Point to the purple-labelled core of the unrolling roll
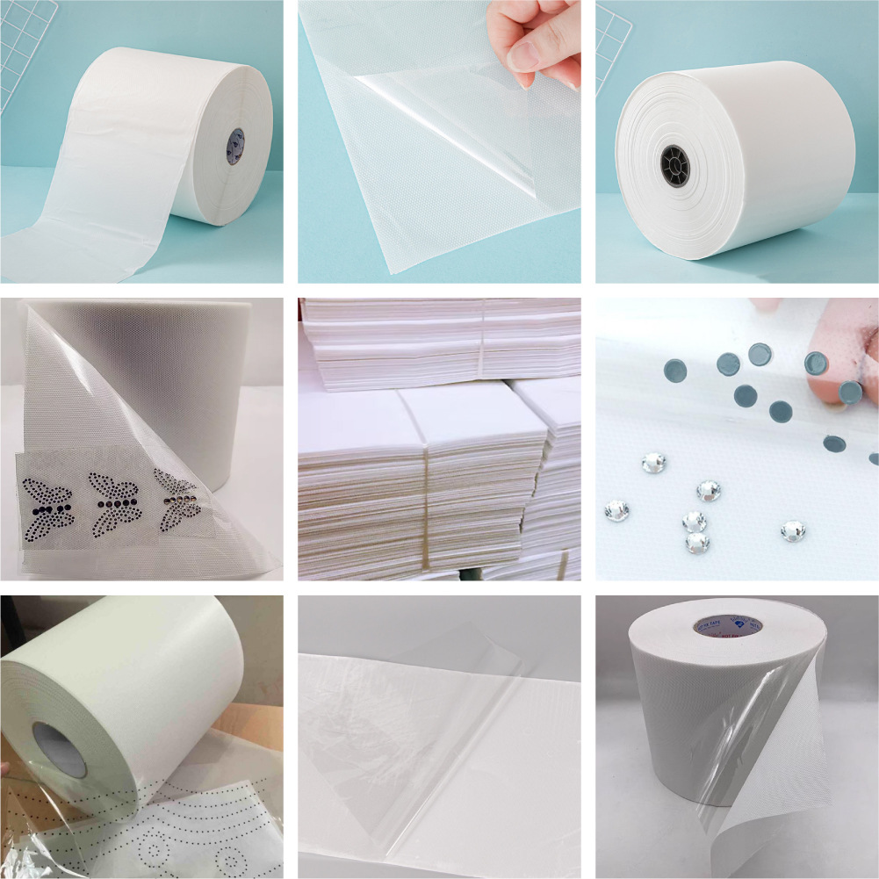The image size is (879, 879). click(x=237, y=146)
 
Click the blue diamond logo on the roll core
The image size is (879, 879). click(x=738, y=625)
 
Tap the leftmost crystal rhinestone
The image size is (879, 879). click(x=617, y=509)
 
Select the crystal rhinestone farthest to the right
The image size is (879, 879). click(x=794, y=530)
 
